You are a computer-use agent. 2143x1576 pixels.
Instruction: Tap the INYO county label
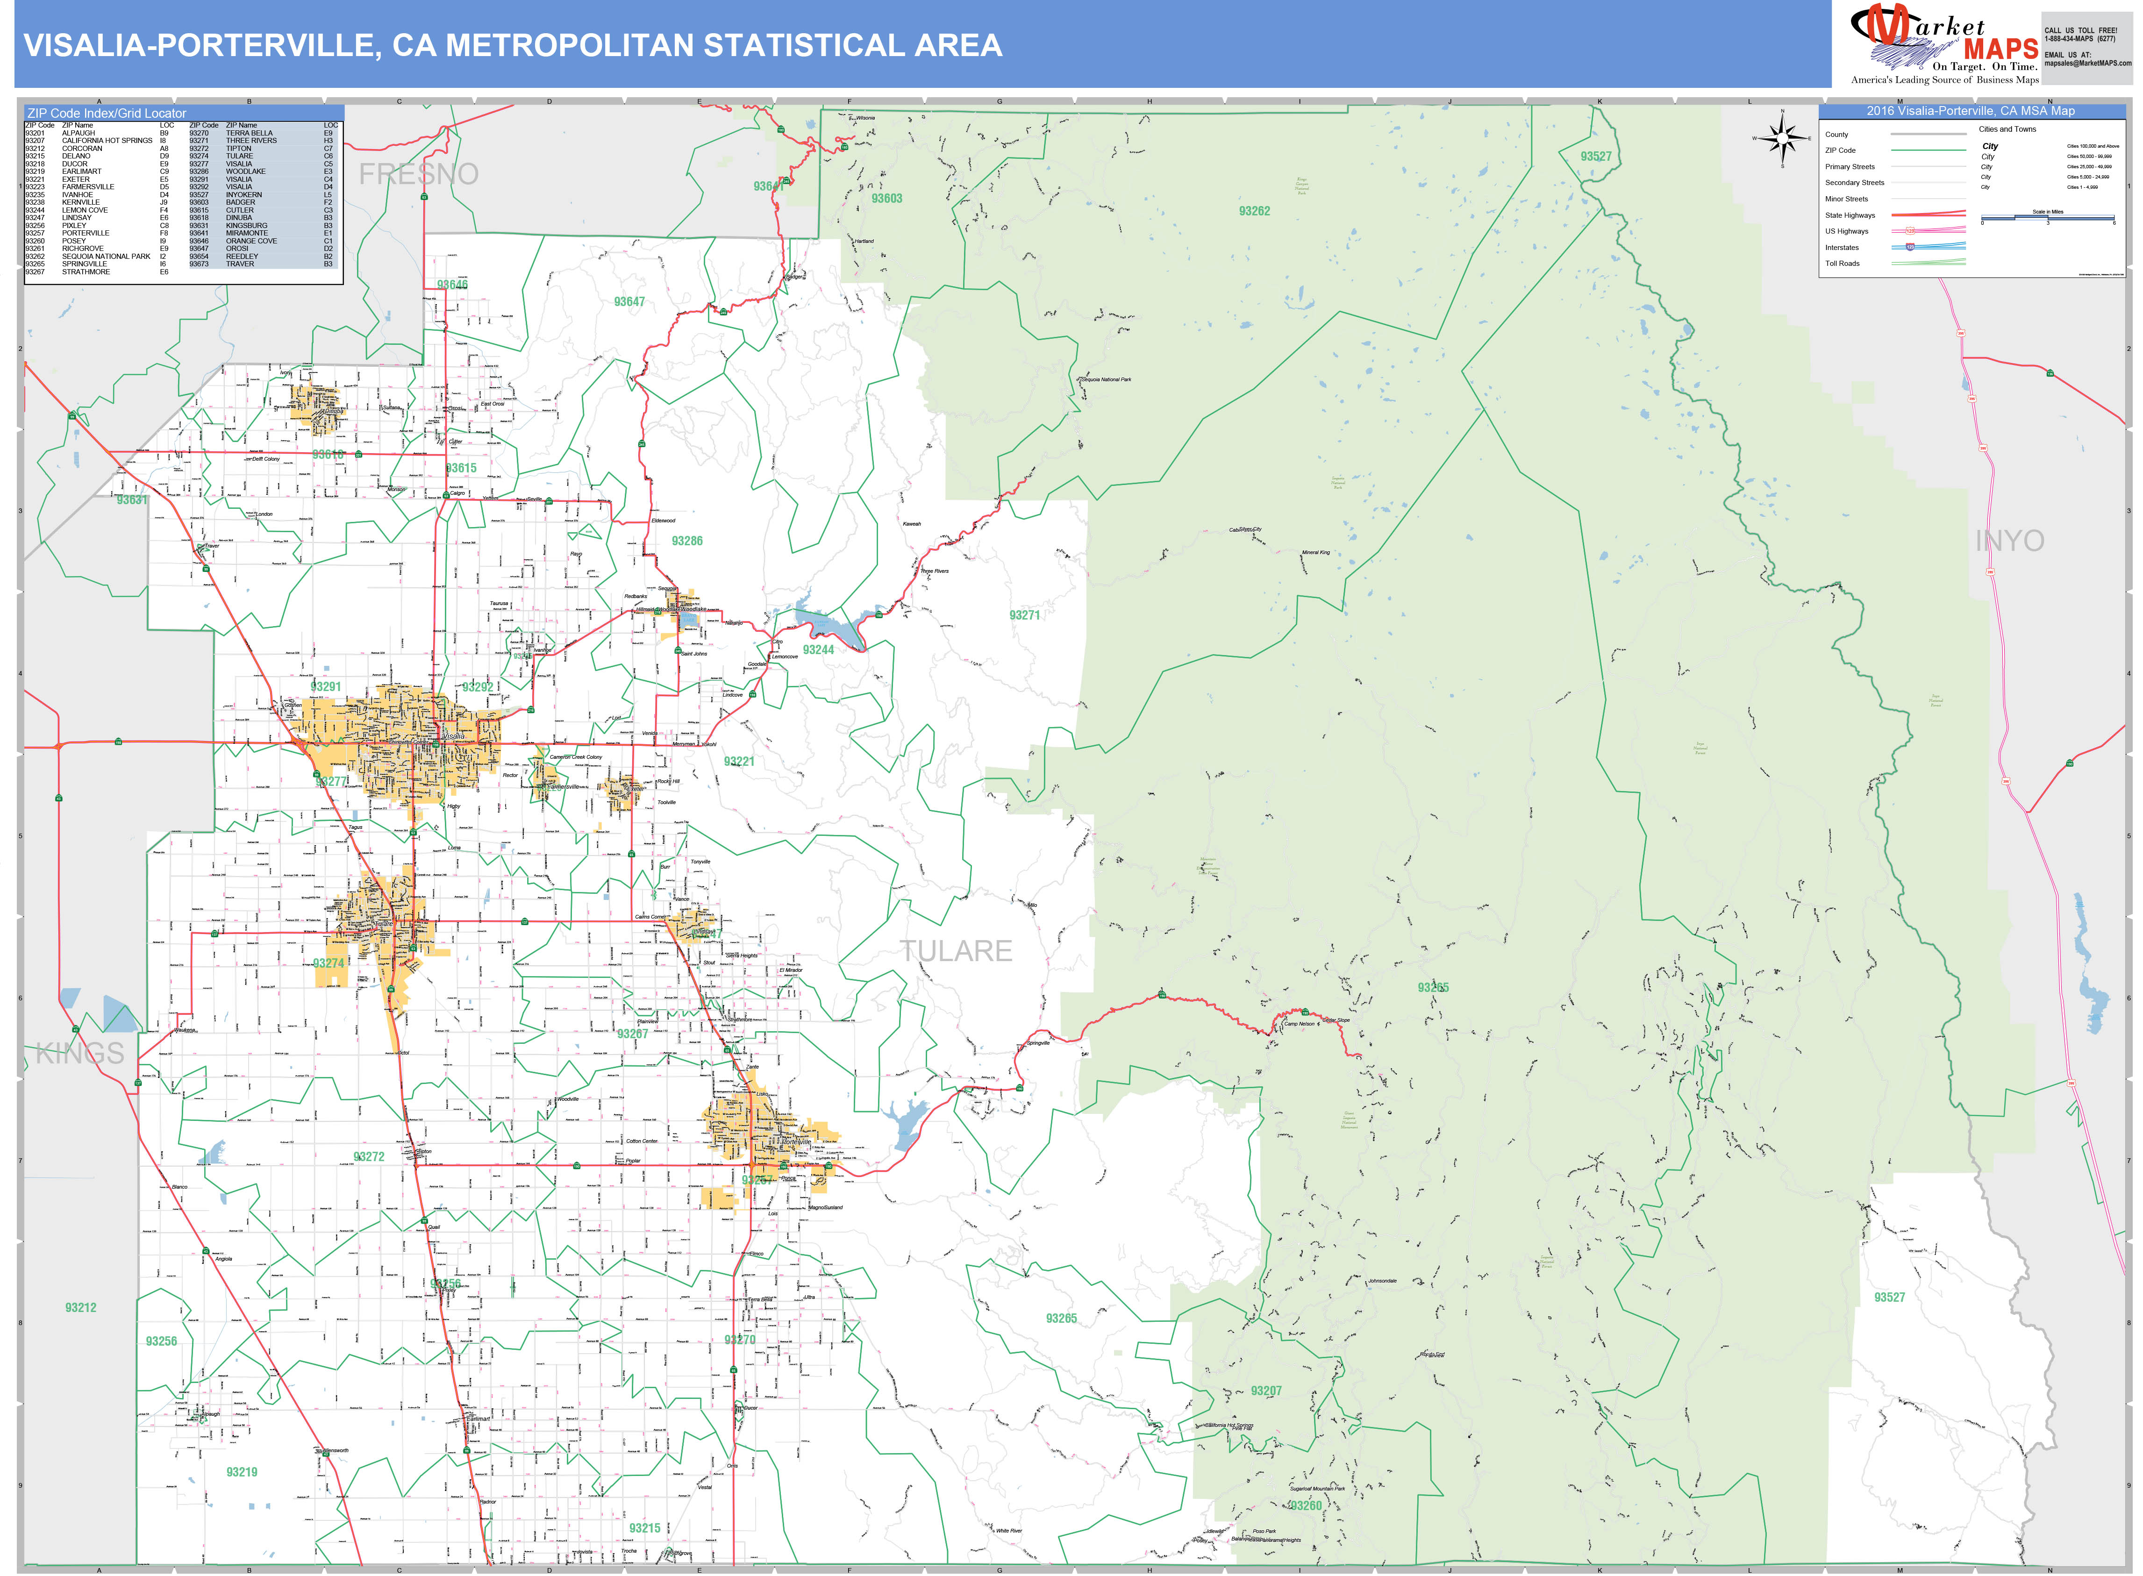coord(2009,541)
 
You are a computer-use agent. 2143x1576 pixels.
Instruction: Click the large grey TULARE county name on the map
coord(956,951)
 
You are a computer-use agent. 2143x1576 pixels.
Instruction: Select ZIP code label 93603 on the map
coord(886,199)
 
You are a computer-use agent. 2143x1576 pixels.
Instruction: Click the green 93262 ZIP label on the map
coord(1254,211)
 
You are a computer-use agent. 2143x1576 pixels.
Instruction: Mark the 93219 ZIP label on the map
coord(242,1472)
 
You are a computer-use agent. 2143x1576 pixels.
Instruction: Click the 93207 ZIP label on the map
coord(1266,1391)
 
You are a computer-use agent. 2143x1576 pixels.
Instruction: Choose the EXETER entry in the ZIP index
coord(76,179)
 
